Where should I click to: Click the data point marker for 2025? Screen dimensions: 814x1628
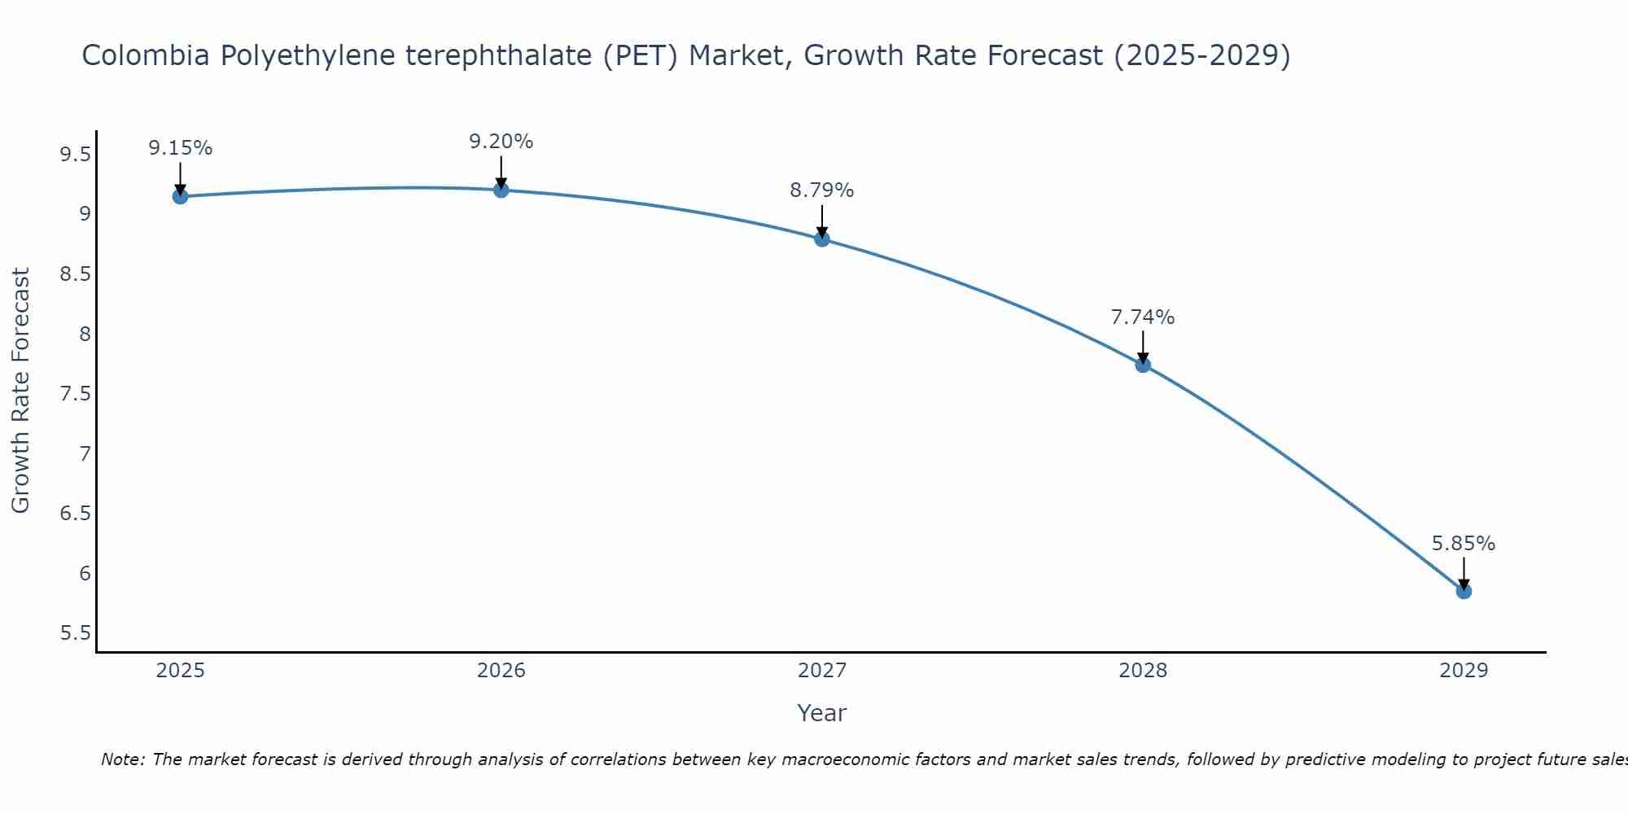(x=181, y=196)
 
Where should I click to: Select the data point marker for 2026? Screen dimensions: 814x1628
(x=501, y=190)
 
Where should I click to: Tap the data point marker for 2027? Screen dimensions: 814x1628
(x=822, y=239)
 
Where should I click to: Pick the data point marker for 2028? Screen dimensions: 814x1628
(x=1143, y=365)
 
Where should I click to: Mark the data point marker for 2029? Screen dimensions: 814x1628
(x=1464, y=591)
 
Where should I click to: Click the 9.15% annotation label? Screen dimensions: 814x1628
(x=181, y=148)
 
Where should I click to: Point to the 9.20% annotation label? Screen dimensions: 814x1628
(x=501, y=142)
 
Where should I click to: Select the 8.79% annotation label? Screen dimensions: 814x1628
(x=822, y=190)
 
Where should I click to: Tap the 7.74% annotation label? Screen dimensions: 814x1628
(x=1143, y=317)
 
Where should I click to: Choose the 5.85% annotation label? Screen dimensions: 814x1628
(x=1464, y=544)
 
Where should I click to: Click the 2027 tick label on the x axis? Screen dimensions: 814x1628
(x=822, y=671)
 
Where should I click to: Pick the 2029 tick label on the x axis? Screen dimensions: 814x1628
(x=1464, y=671)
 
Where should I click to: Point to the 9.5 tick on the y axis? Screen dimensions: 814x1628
(x=76, y=154)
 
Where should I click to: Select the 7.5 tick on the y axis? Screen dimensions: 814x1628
(x=76, y=394)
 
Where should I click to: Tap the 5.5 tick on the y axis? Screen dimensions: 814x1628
(x=76, y=633)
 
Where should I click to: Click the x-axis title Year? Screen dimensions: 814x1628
(x=822, y=713)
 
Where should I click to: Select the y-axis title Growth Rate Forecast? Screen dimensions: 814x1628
(x=21, y=391)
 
